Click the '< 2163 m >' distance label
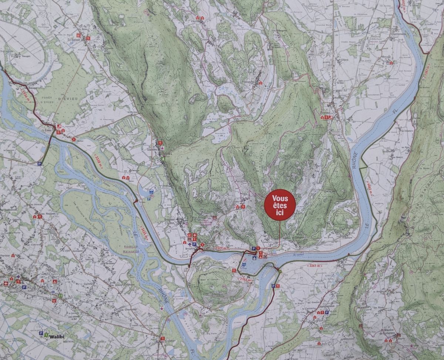(x=246, y=279)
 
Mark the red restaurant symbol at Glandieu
(x=160, y=143)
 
